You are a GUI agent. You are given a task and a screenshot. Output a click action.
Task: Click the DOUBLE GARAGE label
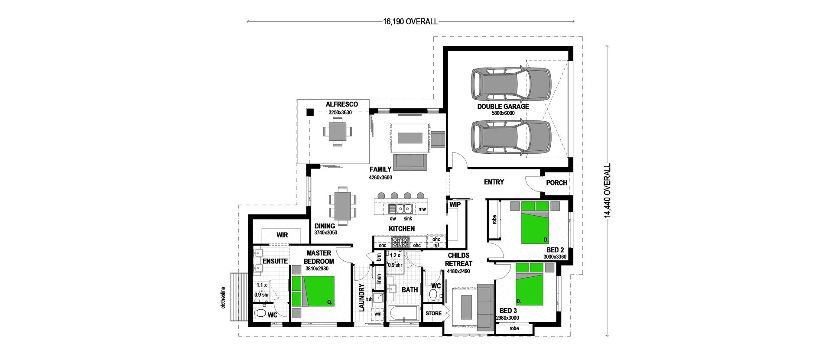click(503, 106)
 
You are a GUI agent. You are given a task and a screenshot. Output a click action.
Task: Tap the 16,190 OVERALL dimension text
click(410, 21)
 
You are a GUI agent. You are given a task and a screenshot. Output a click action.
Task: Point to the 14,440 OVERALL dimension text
click(608, 191)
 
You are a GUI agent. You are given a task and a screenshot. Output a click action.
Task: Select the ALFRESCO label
click(341, 104)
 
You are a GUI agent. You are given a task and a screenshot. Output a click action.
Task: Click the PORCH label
click(556, 183)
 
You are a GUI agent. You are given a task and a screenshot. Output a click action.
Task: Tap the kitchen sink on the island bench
click(404, 209)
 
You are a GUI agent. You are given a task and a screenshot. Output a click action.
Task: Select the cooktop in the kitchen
click(400, 242)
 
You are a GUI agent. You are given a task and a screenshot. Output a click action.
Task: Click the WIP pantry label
click(455, 204)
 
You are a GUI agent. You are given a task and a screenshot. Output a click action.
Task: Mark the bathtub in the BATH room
click(403, 313)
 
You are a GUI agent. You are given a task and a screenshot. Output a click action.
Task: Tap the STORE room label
click(433, 314)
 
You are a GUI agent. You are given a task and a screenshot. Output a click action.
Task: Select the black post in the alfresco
click(310, 112)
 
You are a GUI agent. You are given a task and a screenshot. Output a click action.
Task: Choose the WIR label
click(282, 235)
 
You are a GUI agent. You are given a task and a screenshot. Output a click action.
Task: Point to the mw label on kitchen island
click(422, 209)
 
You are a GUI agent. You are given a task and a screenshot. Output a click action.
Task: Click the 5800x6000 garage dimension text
click(503, 113)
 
